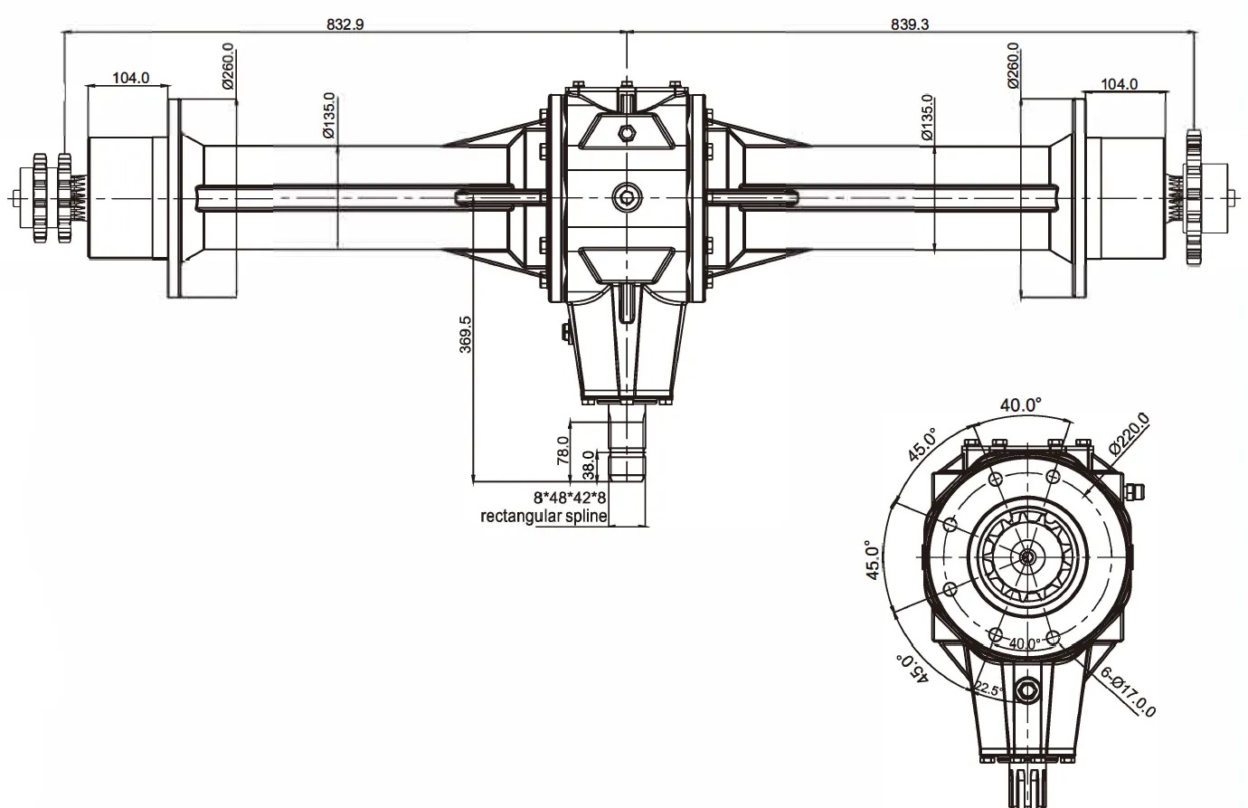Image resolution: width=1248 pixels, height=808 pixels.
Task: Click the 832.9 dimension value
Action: pyautogui.click(x=345, y=25)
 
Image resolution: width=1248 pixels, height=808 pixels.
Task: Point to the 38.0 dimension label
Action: pyautogui.click(x=589, y=465)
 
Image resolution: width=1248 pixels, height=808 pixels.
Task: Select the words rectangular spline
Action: pyautogui.click(x=543, y=518)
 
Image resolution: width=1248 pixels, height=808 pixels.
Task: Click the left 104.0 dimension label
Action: pyautogui.click(x=130, y=79)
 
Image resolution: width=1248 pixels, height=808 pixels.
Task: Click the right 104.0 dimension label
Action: pyautogui.click(x=1119, y=84)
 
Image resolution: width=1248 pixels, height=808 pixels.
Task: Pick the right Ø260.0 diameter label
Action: pyautogui.click(x=1013, y=67)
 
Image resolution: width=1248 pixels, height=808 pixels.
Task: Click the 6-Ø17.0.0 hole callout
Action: pyautogui.click(x=1128, y=693)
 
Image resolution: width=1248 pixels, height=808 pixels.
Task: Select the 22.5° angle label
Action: pyautogui.click(x=988, y=689)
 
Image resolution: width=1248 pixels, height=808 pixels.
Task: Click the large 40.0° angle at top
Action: pyautogui.click(x=1021, y=405)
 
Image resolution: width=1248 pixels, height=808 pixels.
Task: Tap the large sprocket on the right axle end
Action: pyautogui.click(x=1194, y=197)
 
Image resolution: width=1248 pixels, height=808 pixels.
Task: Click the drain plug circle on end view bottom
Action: pyautogui.click(x=1027, y=691)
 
